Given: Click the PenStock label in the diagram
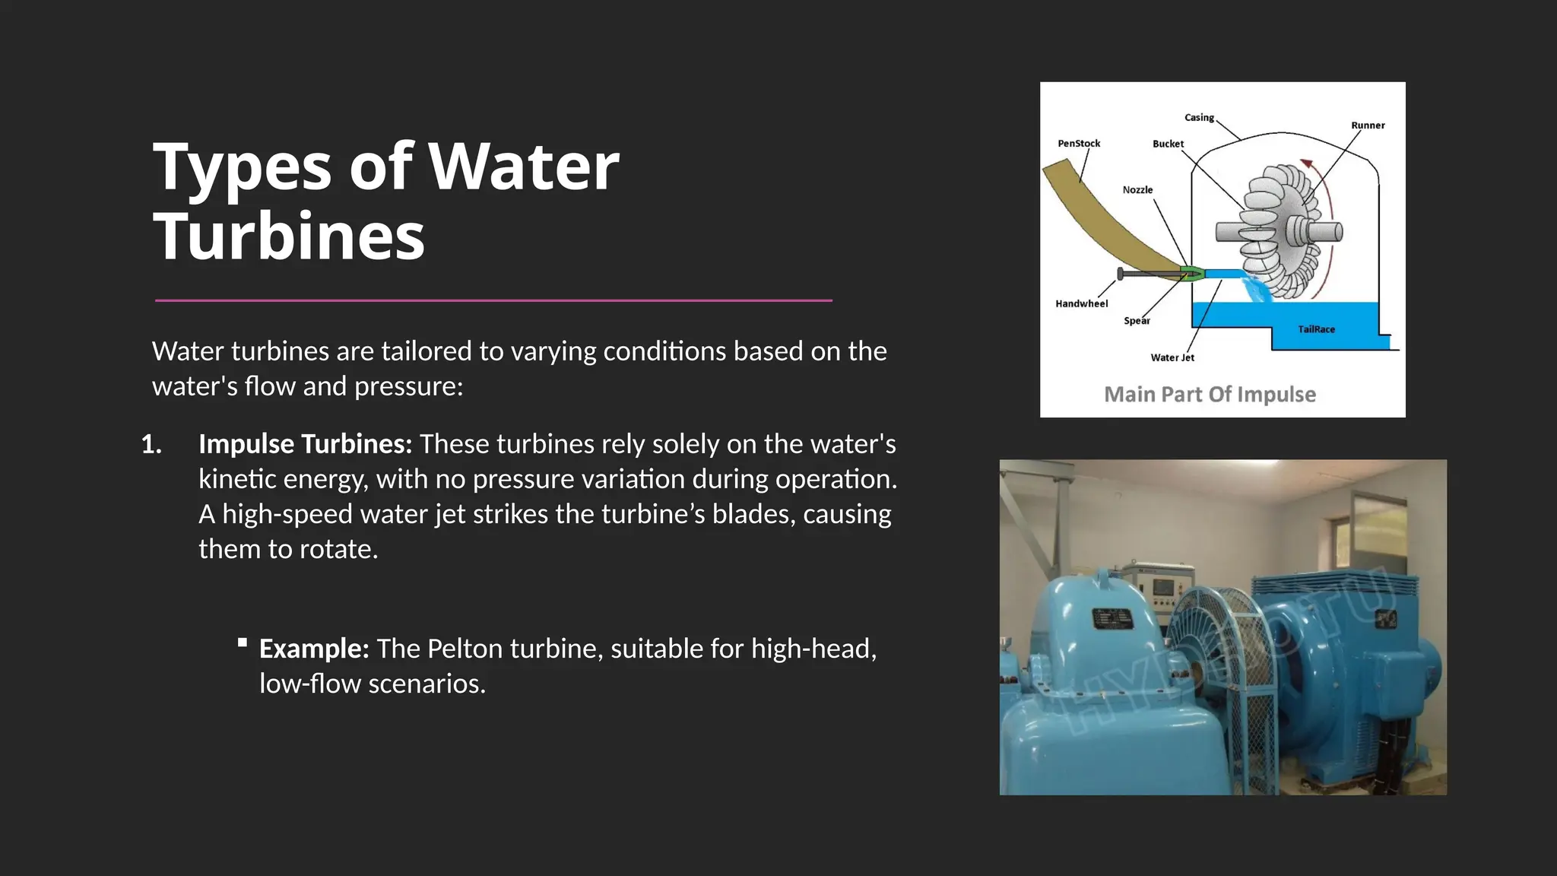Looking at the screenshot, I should click(1079, 144).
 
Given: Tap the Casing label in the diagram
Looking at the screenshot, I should click(1199, 118).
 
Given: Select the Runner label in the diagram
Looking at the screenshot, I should click(1368, 125).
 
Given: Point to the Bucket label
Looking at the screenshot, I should click(1168, 144).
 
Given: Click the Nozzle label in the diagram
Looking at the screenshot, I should click(1137, 190).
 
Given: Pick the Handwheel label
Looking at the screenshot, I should click(1081, 304).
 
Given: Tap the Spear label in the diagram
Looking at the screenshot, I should click(1137, 321).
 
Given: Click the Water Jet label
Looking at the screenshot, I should click(1172, 358).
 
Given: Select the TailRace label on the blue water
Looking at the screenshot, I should click(1316, 329).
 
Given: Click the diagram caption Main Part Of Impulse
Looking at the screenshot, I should click(1210, 395).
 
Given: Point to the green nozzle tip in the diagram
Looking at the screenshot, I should click(1191, 274).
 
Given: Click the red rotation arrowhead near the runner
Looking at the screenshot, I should click(1306, 163).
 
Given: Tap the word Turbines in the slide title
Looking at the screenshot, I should click(289, 236).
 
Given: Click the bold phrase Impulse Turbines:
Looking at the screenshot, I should click(305, 444).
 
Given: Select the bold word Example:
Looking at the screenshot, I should click(314, 649).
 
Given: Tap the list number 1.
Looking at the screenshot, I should click(151, 444).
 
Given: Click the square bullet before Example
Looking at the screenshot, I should click(243, 643).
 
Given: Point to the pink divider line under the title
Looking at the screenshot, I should click(493, 300).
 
